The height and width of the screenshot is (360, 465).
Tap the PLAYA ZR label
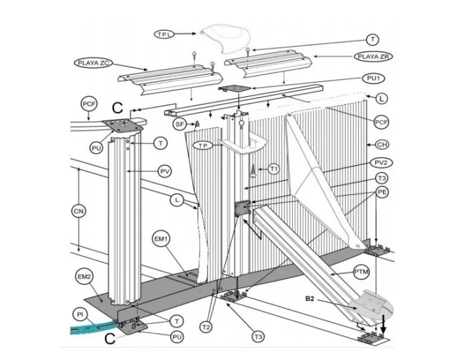tap(375, 57)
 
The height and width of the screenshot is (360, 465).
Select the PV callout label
tap(165, 171)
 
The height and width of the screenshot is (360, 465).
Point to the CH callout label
tap(381, 145)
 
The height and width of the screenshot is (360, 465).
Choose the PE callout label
tap(382, 192)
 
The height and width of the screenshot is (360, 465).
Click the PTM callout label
tap(362, 270)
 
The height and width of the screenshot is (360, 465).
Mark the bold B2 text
tap(312, 299)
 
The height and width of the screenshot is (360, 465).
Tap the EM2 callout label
tap(84, 278)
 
